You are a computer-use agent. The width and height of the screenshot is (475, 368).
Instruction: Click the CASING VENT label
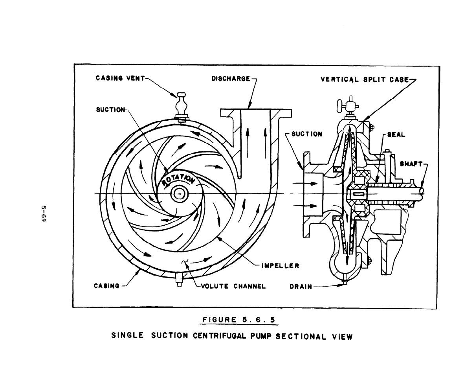pyautogui.click(x=120, y=78)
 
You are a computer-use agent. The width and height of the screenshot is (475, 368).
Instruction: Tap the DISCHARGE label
pyautogui.click(x=231, y=79)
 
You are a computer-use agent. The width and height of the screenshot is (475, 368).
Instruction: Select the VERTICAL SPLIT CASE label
pyautogui.click(x=365, y=79)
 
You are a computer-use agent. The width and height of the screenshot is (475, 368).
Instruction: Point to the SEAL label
pyautogui.click(x=396, y=134)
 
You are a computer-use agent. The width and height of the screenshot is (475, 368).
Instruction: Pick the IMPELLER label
pyautogui.click(x=281, y=266)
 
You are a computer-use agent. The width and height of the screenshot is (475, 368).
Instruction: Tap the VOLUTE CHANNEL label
pyautogui.click(x=233, y=286)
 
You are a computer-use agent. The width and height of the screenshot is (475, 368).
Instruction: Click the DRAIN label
pyautogui.click(x=301, y=287)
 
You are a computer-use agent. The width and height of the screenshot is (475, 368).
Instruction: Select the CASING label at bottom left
pyautogui.click(x=106, y=286)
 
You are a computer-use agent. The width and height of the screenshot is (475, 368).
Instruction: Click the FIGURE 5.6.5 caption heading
pyautogui.click(x=239, y=320)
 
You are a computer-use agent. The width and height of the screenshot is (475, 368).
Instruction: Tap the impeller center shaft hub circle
pyautogui.click(x=180, y=193)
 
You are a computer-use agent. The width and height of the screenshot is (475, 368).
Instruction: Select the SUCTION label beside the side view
pyautogui.click(x=306, y=134)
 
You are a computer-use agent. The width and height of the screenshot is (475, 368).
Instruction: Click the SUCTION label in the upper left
pyautogui.click(x=110, y=110)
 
